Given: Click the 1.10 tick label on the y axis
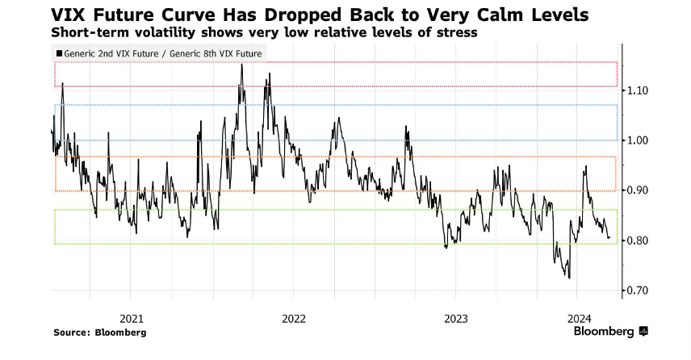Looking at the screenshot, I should pos(637,90).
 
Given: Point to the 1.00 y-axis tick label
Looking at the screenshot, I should pos(637,140).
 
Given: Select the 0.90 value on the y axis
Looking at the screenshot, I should pos(637,190).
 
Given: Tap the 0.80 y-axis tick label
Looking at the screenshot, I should pos(637,241).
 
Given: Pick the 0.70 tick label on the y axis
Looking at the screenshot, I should pos(637,291).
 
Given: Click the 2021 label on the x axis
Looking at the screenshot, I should pos(132,317).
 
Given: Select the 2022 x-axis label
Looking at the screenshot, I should pos(295,317).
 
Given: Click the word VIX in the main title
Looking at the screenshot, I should pos(71,15).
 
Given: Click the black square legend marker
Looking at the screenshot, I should pos(58,54).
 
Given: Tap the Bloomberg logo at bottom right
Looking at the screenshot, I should pos(610,331).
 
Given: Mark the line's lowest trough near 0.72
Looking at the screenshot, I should pos(569,278).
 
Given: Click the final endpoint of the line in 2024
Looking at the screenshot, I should pos(609,238).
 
